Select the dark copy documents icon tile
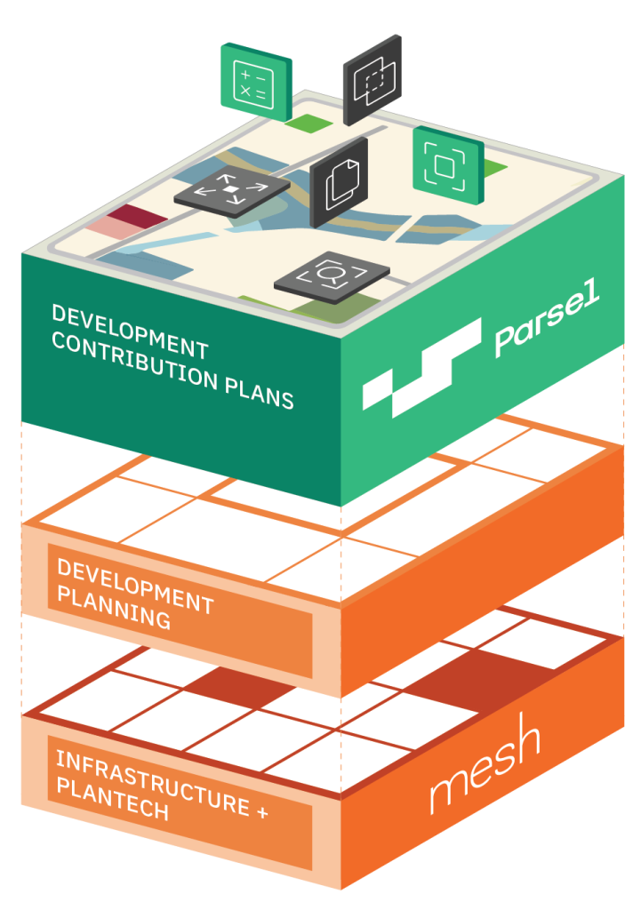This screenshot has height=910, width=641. click(338, 181)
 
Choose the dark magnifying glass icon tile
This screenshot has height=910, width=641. click(331, 277)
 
